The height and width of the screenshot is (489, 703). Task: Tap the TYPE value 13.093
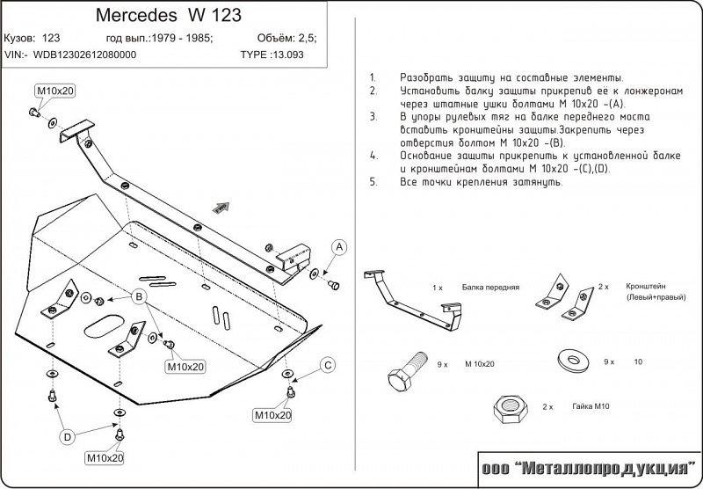tap(297, 54)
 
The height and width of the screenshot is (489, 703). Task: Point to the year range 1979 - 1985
tap(179, 39)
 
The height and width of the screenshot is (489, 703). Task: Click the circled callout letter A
tap(338, 247)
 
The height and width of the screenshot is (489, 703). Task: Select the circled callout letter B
tap(139, 298)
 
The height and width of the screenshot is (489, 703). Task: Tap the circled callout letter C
tap(327, 365)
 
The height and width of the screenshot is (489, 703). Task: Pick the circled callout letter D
tap(67, 435)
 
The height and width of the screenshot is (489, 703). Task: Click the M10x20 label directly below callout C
tap(273, 414)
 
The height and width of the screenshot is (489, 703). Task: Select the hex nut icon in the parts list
tap(511, 407)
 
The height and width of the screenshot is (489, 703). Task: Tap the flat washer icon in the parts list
tap(570, 359)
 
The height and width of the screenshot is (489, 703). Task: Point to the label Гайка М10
tap(591, 407)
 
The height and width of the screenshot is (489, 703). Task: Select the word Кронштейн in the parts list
tap(647, 287)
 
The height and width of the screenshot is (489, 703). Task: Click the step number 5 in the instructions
tap(373, 181)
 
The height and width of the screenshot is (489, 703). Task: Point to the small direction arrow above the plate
tap(219, 207)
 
